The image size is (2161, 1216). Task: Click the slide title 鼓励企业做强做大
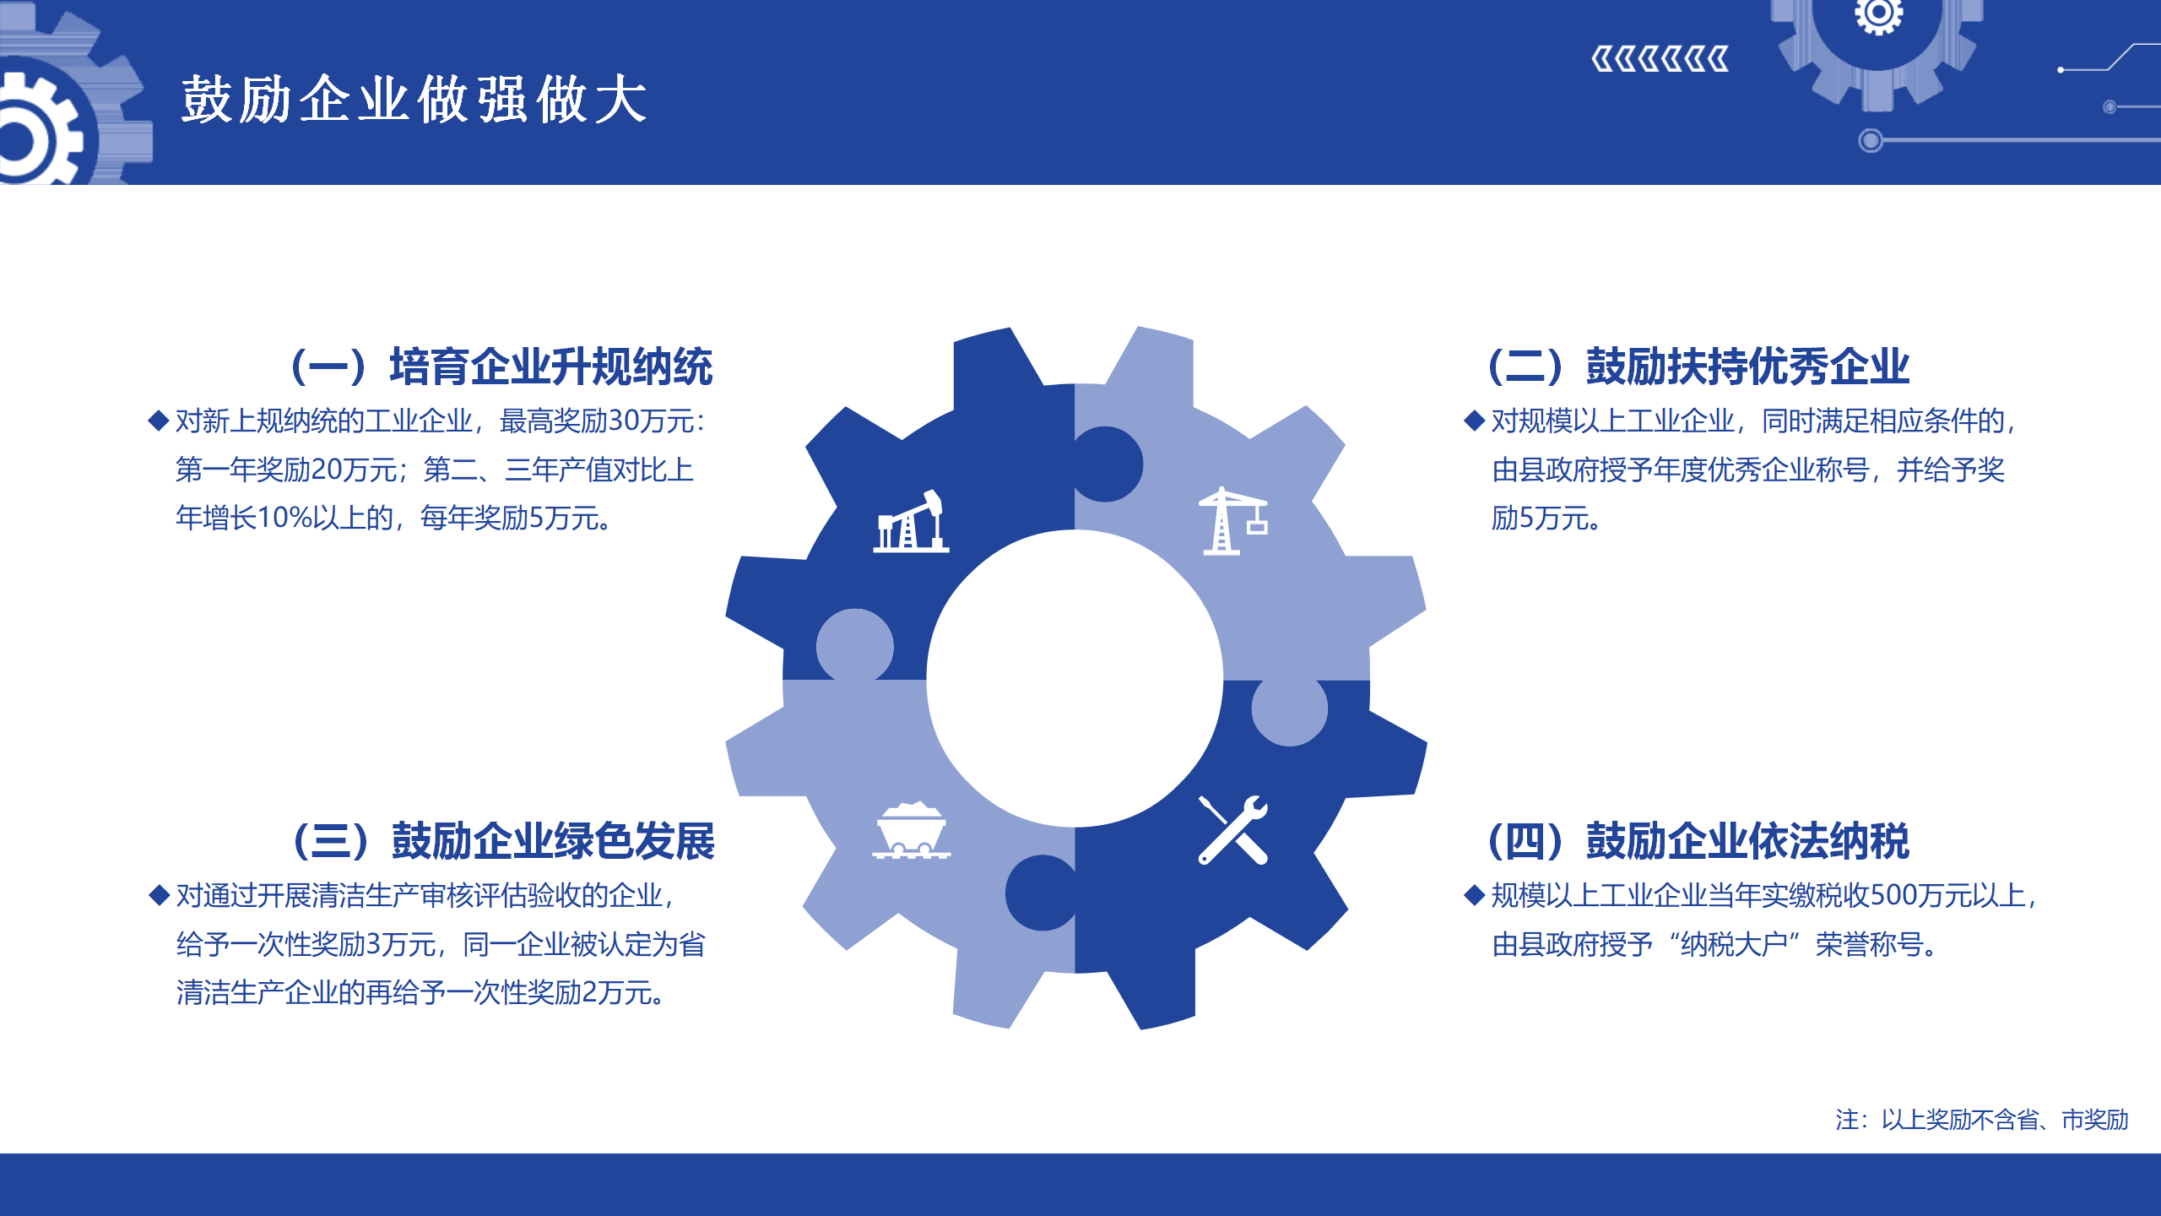[x=414, y=100]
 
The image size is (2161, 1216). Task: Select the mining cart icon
[x=911, y=831]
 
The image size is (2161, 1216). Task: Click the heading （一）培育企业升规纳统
[x=501, y=366]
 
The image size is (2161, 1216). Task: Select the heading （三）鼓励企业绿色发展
[x=503, y=841]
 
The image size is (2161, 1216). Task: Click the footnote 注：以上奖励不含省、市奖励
[x=1981, y=1120]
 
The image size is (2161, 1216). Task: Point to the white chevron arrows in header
[x=1660, y=60]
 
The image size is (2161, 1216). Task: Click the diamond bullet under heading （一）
[x=159, y=421]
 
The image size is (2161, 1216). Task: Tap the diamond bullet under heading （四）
[x=1474, y=895]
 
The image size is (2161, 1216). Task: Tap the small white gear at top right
[x=1878, y=15]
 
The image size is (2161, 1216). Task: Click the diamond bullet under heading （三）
[x=159, y=895]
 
